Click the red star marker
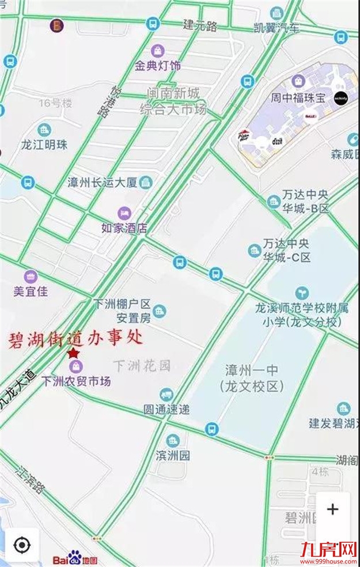coord(73,353)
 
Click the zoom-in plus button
coord(332,509)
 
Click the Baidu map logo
coord(75,558)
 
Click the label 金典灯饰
coord(158,66)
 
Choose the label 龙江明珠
coord(44,145)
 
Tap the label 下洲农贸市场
coord(76,381)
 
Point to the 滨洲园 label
coord(173,455)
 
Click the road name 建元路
coord(200,25)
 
